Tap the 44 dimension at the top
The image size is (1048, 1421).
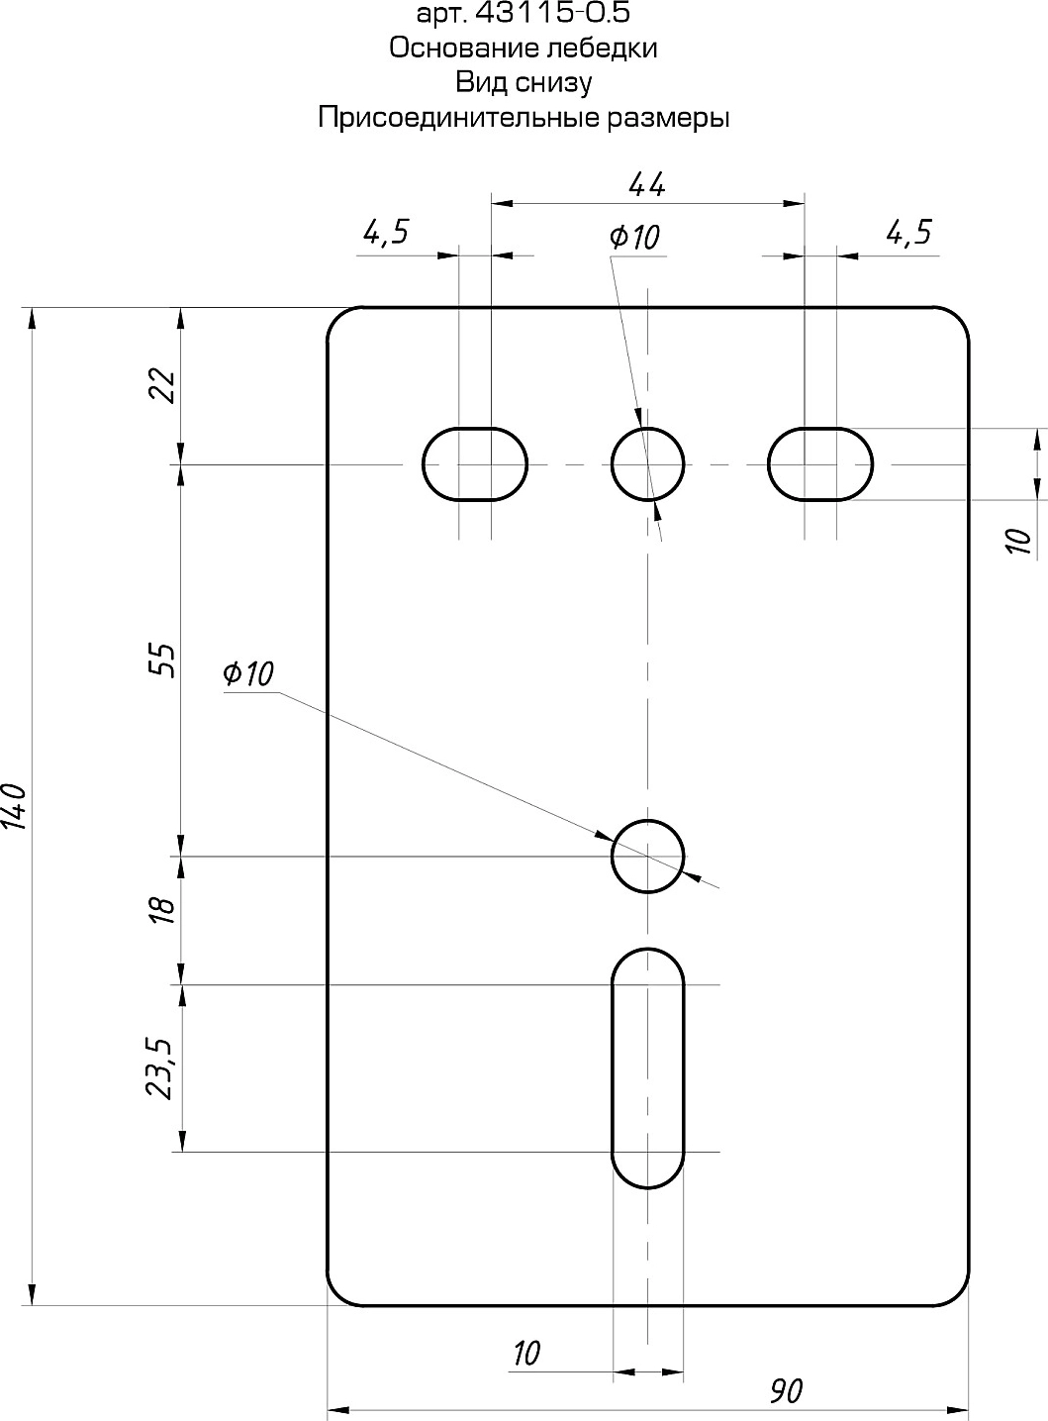pyautogui.click(x=647, y=184)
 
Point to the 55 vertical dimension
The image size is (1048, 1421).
pyautogui.click(x=161, y=660)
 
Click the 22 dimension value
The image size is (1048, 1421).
pyautogui.click(x=161, y=384)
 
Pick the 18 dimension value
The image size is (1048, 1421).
pyautogui.click(x=163, y=910)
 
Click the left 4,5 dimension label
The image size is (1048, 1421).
pyautogui.click(x=386, y=232)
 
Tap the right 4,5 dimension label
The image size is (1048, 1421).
pyautogui.click(x=909, y=232)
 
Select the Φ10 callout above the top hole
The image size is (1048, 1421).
pyautogui.click(x=633, y=237)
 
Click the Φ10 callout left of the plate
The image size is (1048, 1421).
pyautogui.click(x=247, y=674)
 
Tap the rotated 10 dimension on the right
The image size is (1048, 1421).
pyautogui.click(x=1020, y=541)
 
